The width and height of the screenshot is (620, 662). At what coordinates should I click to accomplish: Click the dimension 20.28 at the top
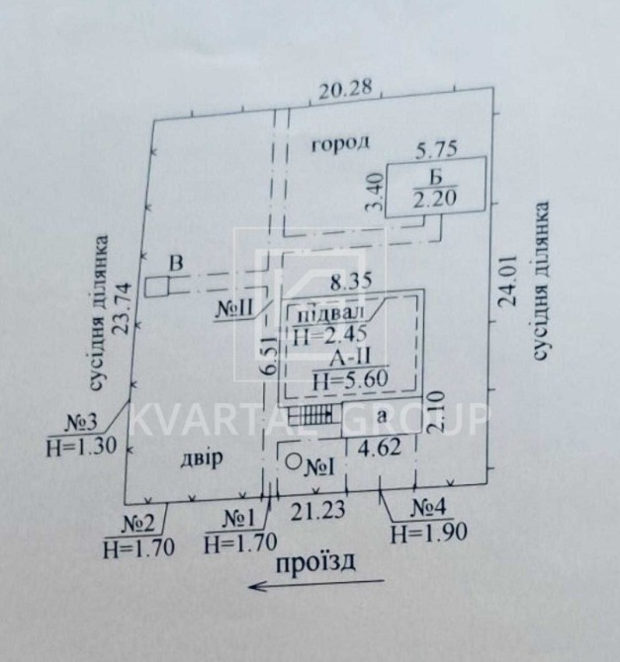(345, 90)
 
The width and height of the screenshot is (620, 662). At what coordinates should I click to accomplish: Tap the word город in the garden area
(340, 143)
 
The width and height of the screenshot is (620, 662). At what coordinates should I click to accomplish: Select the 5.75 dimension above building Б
(437, 149)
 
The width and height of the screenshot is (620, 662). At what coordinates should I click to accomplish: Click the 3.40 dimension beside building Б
(376, 193)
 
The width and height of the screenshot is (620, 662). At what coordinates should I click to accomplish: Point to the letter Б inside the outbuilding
(435, 177)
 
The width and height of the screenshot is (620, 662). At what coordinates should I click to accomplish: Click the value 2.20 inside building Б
(435, 198)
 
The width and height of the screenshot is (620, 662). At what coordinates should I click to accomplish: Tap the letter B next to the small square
(176, 263)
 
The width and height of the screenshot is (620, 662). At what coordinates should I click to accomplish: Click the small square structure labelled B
(157, 287)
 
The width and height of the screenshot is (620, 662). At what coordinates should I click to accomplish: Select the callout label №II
(234, 308)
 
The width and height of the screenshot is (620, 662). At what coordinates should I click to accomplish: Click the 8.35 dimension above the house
(351, 282)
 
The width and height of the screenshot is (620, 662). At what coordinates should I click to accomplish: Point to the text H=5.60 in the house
(350, 379)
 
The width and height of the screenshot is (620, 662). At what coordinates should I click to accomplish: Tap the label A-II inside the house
(349, 358)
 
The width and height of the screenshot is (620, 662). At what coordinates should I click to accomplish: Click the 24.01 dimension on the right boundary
(507, 280)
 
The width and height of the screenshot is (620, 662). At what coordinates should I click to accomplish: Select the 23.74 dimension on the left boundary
(125, 308)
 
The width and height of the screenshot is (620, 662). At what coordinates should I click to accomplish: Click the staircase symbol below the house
(315, 415)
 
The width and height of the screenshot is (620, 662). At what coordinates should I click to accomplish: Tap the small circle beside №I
(293, 461)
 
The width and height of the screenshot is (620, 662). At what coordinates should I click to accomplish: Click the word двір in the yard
(202, 458)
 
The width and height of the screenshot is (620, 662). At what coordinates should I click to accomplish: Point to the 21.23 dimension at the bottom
(317, 510)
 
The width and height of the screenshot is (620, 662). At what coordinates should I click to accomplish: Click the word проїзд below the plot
(315, 563)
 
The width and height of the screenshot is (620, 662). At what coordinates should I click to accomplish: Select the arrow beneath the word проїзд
(316, 584)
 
